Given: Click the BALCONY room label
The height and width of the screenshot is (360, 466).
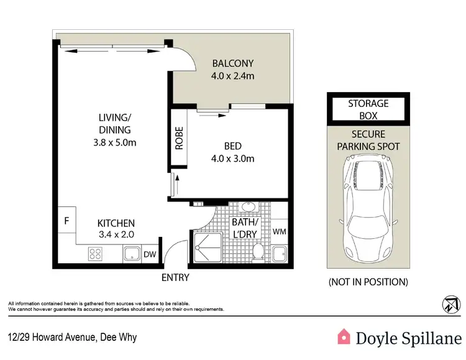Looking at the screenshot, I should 232,63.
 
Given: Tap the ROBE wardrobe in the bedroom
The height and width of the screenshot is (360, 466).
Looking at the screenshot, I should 179,140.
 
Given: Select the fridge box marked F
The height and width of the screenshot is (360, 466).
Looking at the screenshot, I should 66,221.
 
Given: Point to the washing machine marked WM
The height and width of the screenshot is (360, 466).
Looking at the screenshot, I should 279,231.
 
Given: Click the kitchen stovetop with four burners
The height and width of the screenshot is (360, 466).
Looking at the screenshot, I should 96,253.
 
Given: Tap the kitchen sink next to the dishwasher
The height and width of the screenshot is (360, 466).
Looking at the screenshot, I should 131,253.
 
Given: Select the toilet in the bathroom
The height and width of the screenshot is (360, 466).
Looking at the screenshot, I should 259,252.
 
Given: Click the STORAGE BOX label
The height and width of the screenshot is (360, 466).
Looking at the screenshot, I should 368,109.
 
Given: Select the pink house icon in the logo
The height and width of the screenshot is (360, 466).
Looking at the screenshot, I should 343,336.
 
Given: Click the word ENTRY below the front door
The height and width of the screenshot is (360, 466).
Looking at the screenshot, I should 175,277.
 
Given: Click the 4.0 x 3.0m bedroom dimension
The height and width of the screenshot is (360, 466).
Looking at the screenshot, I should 232,158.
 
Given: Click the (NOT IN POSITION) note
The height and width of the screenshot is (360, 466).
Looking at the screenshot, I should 368,282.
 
